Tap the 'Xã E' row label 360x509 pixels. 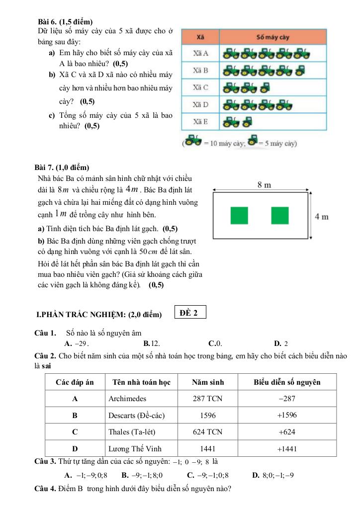coord(201,121)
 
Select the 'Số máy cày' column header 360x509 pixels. coord(273,37)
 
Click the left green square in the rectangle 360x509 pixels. coord(239,215)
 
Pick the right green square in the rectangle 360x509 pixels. coord(280,215)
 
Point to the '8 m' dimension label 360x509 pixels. coord(264,185)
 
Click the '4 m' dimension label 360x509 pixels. coord(322,216)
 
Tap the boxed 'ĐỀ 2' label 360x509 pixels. coord(190,313)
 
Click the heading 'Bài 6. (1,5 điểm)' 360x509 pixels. coord(65,22)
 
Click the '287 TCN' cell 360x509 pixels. coord(208,399)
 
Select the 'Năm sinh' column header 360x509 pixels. coord(208,382)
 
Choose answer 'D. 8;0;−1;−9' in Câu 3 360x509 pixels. coord(273,475)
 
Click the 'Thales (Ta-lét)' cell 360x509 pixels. coord(132,431)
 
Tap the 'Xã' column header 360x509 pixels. coord(201,37)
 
